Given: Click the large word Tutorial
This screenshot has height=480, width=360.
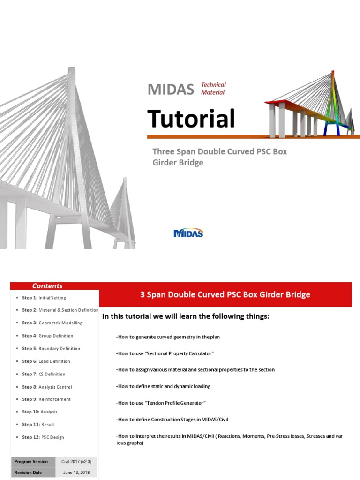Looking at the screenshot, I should (191, 119).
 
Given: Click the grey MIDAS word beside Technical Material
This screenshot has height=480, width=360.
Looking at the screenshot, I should (171, 89).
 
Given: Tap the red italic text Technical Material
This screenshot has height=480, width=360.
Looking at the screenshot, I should (213, 89).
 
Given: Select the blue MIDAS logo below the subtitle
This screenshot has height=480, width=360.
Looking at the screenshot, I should (188, 233).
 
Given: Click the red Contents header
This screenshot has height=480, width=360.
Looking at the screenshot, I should (47, 286).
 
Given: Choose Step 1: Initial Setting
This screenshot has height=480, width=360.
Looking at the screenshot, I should (44, 298).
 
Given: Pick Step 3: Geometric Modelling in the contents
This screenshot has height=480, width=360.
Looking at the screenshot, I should (52, 323).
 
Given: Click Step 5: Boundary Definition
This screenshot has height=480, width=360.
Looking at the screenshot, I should (51, 348).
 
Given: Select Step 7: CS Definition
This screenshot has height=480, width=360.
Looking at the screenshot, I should (44, 374).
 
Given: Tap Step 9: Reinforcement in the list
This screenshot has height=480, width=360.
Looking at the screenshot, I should (46, 399).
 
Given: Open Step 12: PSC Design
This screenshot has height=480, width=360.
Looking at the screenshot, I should (43, 437).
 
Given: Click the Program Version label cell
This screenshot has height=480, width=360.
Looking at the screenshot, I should (31, 462).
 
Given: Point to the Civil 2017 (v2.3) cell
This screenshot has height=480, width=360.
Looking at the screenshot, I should (76, 462).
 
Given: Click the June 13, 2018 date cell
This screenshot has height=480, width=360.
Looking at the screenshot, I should (76, 472).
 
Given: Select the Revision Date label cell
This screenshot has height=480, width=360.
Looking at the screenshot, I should (31, 472).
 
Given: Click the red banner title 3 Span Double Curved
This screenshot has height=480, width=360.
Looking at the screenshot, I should (225, 294).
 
